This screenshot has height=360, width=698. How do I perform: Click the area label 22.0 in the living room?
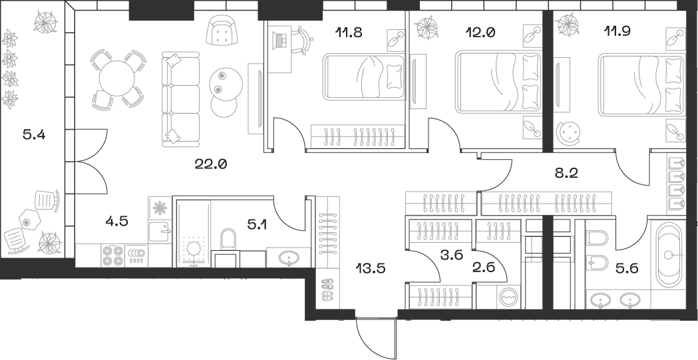[x=212, y=164]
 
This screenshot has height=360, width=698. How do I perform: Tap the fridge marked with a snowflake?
[x=160, y=209]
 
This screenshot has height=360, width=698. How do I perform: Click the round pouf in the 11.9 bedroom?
[x=571, y=134]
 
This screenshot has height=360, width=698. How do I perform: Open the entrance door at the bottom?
[x=376, y=337]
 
